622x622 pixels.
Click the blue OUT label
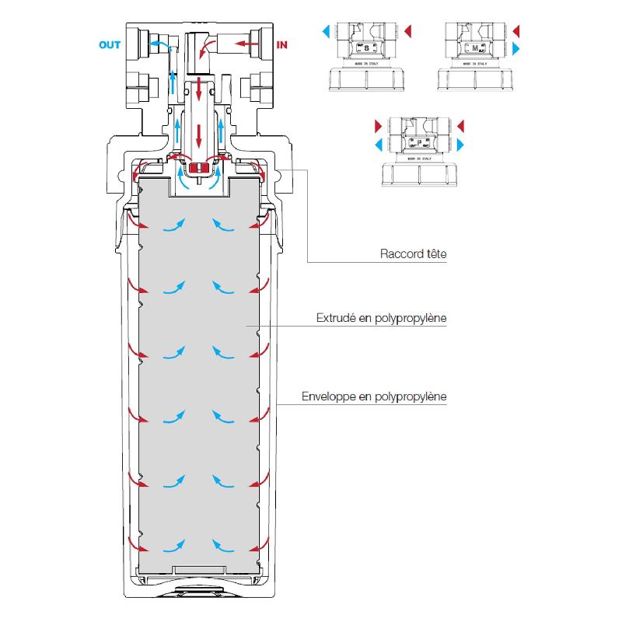coord(110,45)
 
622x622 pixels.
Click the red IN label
coord(281,45)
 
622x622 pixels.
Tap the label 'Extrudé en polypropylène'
coord(381,318)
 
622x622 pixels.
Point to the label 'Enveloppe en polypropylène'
coord(374,397)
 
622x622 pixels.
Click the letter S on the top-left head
coord(367,48)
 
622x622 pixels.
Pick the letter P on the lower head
coord(421,143)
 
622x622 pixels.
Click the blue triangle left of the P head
coord(379,145)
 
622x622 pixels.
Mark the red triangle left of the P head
coord(379,125)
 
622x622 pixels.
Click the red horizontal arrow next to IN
coord(248,44)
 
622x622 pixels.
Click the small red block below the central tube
coord(200,166)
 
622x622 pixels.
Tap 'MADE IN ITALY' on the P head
coord(420,158)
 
